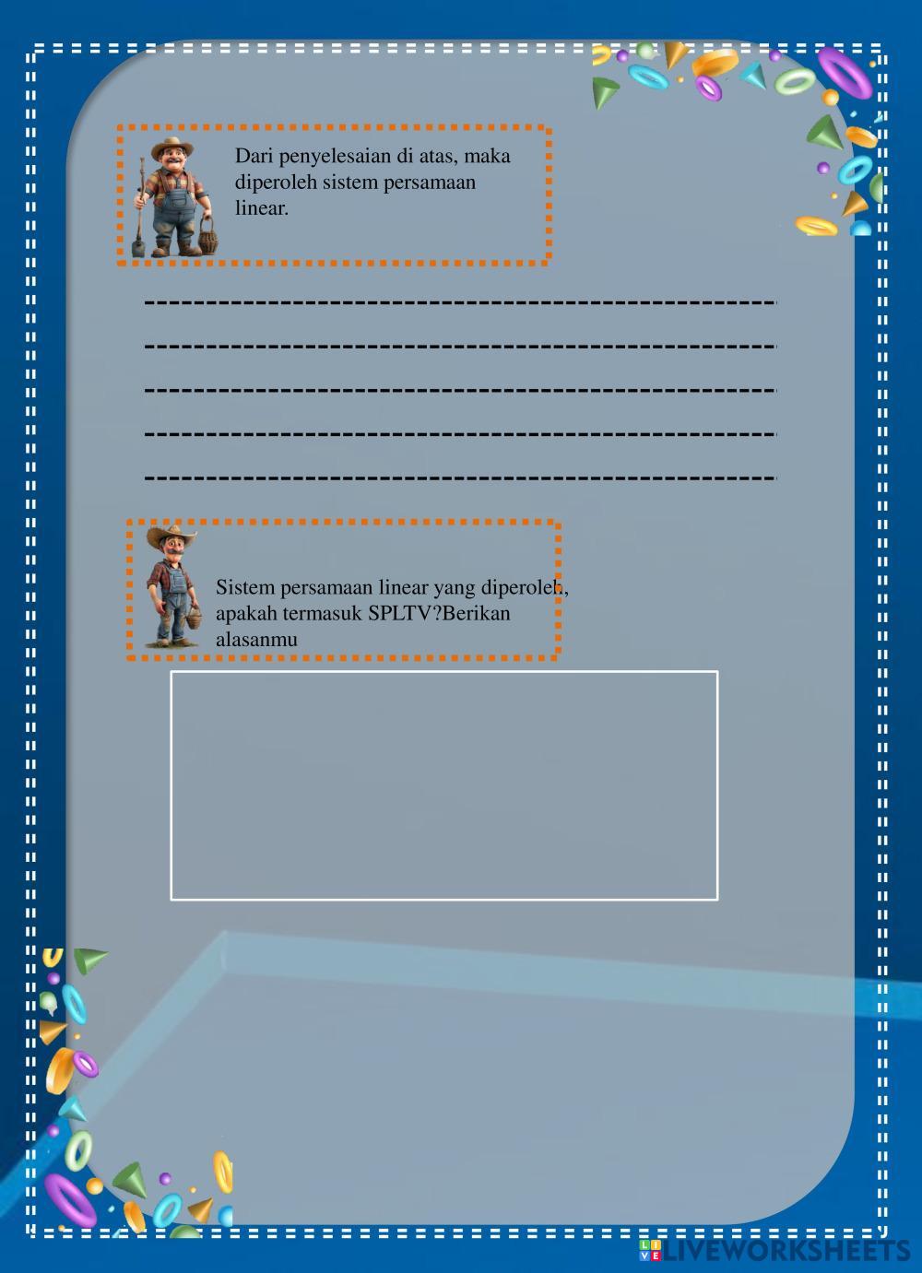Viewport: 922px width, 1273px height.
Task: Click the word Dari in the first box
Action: tap(252, 156)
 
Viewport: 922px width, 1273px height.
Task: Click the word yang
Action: tap(451, 587)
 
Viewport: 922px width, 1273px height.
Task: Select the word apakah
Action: tap(244, 613)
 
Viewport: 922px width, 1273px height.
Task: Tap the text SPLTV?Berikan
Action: tap(439, 613)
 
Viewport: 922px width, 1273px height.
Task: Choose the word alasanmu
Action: tap(256, 639)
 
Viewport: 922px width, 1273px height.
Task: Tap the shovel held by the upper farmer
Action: tap(138, 212)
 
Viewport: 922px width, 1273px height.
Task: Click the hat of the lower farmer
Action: tap(171, 534)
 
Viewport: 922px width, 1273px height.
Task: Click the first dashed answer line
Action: tap(461, 301)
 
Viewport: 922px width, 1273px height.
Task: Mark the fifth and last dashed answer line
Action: tap(461, 477)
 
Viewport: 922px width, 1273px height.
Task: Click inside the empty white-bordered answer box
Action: tap(443, 784)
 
